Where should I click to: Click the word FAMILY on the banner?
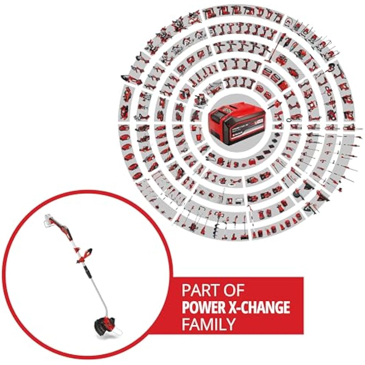[208, 324]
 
